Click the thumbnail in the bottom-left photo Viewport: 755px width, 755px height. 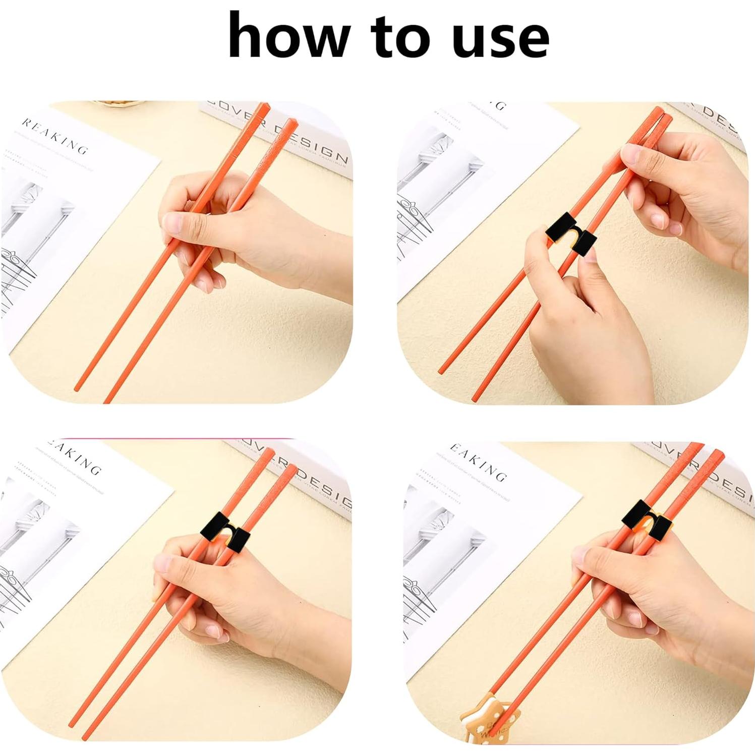[x=163, y=562]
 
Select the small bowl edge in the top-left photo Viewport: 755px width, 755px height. [x=119, y=103]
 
